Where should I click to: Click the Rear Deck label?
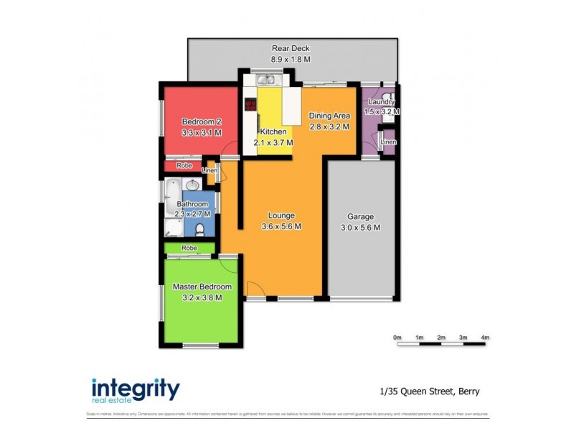tap(291, 49)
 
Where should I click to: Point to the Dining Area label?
tap(329, 116)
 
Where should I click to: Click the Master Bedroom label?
tap(202, 287)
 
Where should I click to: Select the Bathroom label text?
tap(192, 204)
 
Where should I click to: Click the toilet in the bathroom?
tap(200, 229)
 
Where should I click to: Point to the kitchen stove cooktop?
tap(250, 105)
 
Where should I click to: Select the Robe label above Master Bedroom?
tap(189, 248)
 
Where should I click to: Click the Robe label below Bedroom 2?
tap(184, 165)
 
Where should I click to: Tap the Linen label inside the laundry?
tap(387, 142)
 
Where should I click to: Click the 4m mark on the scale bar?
tap(484, 337)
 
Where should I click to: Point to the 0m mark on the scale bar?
tap(397, 337)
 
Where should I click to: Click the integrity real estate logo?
tap(136, 391)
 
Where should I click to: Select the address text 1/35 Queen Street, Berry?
tap(429, 391)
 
